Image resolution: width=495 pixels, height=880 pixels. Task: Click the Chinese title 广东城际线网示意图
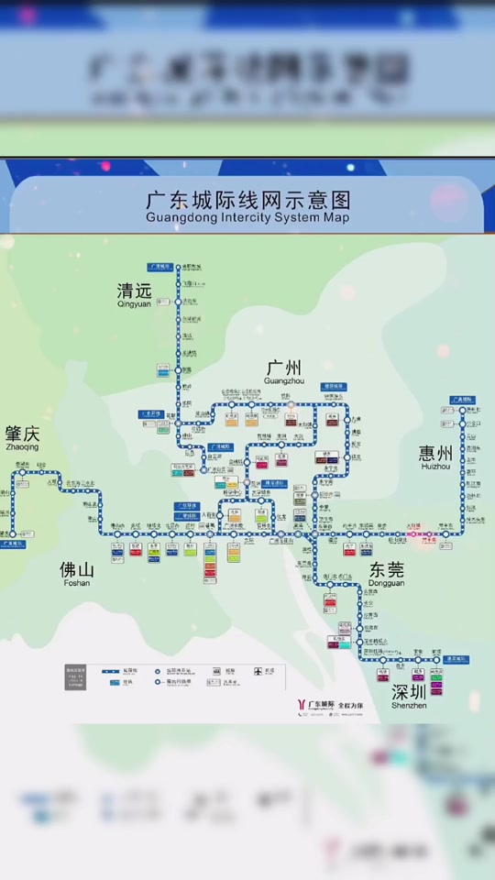pos(247,200)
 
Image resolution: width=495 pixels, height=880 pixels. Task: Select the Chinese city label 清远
pos(134,291)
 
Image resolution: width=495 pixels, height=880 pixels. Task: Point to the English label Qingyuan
pos(134,304)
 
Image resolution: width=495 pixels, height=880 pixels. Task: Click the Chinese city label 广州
pos(283,368)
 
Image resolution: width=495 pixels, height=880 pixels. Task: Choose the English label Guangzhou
pos(283,380)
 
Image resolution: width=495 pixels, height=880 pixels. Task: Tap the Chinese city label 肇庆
pos(22,434)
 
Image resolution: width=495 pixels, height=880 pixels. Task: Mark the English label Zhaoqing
pos(22,446)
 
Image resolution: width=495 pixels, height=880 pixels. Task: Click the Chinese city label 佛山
pos(76,570)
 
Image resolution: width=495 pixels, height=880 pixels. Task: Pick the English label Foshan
pos(76,583)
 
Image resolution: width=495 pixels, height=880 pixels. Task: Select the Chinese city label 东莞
pos(386,570)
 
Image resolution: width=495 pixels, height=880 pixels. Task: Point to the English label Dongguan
pos(386,583)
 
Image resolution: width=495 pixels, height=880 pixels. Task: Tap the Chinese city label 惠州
pos(435,453)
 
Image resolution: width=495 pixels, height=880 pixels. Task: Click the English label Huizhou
pos(435,466)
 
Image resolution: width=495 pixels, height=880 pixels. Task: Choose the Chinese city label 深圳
pos(409,692)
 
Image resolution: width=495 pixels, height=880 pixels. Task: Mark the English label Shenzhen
pos(409,705)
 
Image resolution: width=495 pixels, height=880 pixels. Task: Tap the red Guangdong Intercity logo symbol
pos(301,705)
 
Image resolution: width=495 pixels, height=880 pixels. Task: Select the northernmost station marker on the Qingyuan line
pos(179,267)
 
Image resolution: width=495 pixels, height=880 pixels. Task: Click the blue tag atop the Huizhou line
pos(462,401)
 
